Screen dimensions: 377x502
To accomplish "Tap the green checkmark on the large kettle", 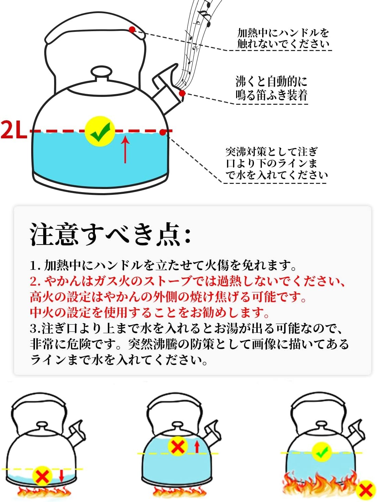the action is point(100,131).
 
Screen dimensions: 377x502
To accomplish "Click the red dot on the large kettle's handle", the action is point(132,29).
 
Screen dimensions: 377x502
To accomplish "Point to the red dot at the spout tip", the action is point(182,93).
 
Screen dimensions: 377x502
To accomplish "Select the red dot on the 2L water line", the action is point(162,132).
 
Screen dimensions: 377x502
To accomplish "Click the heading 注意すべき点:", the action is point(110,234).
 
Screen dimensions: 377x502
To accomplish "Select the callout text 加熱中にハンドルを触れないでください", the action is point(283,38).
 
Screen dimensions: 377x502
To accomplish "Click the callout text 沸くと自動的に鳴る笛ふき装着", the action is point(271,88).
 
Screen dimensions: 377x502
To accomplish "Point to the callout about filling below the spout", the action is point(276,163).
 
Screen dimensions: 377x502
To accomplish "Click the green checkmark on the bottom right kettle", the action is point(321,452).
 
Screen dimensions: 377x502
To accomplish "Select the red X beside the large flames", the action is point(366,490).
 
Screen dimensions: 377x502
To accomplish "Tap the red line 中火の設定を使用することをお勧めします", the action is point(149,312).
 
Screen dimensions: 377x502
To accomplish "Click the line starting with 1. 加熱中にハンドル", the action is point(163,265).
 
